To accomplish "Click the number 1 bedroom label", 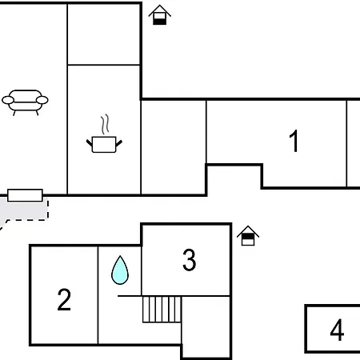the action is point(294,141).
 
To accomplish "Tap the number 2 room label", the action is point(64,299).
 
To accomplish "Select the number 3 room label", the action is point(189,259).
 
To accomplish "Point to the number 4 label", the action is point(337,330).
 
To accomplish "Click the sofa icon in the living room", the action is point(25,102).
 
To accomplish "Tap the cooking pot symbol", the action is point(104,145).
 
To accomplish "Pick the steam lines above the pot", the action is point(105,124).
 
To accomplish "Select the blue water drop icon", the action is point(120,270).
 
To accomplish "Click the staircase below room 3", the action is point(162,310).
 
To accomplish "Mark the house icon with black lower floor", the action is point(159,15).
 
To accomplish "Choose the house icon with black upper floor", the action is point(248,236).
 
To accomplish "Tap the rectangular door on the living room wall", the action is point(25,195).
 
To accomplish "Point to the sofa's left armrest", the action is point(8,100).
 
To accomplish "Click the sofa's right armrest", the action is point(42,100).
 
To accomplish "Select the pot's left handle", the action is point(89,142).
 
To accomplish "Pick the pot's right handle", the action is point(119,143).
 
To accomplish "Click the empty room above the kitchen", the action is point(104,34).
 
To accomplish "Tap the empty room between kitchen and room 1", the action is point(174,147).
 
